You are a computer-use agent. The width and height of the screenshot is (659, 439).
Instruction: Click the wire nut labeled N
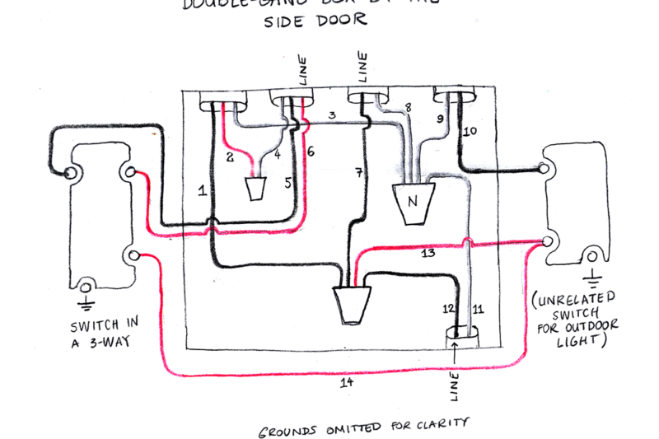click(x=410, y=202)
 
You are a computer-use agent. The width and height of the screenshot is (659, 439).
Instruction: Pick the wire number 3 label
click(x=330, y=115)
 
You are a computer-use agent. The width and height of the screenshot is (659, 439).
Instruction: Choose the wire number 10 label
click(x=470, y=131)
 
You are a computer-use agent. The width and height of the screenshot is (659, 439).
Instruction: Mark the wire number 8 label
click(x=406, y=108)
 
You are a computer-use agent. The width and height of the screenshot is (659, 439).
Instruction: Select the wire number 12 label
click(x=448, y=309)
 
